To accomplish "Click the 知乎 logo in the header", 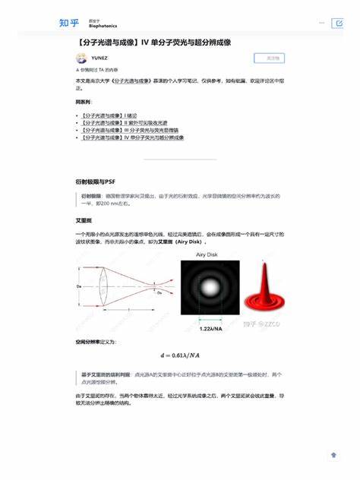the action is [x=68, y=23].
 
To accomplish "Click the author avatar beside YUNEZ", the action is [x=81, y=58].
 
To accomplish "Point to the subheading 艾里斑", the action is [x=83, y=219].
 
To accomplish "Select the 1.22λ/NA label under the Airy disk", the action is [x=210, y=328].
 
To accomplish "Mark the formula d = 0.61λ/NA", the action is [x=179, y=355].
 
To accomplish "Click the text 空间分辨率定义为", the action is [x=96, y=343].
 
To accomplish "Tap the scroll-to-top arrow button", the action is [x=333, y=454].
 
